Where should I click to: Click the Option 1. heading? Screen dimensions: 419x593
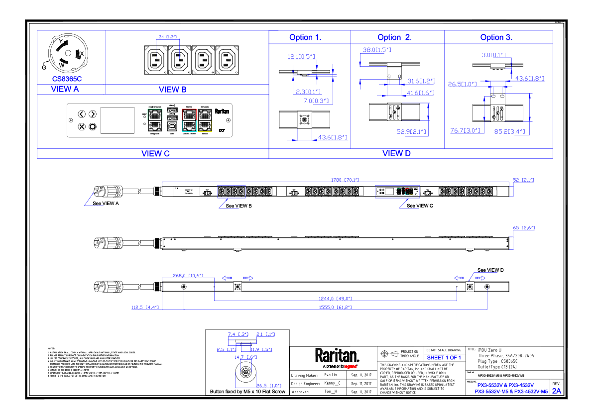(x=305, y=38)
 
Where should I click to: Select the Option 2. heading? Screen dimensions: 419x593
(x=394, y=38)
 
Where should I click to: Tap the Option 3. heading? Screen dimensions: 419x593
(x=496, y=38)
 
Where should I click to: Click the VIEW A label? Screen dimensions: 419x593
(x=65, y=90)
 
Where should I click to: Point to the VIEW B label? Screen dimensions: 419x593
(x=173, y=90)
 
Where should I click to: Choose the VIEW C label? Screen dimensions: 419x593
(x=156, y=154)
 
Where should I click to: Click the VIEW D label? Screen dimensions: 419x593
(x=396, y=154)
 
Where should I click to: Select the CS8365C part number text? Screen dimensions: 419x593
(x=67, y=79)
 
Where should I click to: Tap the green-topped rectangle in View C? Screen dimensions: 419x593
(x=155, y=120)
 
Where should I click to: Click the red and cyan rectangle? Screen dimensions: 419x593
(x=189, y=120)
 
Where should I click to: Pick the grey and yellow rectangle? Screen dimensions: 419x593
(x=205, y=120)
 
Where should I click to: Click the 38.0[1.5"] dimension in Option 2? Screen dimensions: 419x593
(x=377, y=50)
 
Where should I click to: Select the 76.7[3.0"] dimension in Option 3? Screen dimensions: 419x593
(x=465, y=131)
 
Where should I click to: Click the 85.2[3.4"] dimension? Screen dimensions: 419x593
(x=509, y=132)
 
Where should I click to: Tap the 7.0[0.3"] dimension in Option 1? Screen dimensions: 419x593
(x=316, y=101)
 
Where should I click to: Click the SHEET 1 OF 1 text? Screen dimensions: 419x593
(x=444, y=358)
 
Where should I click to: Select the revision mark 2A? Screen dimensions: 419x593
(x=556, y=391)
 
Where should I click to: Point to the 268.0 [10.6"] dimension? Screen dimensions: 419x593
(x=188, y=276)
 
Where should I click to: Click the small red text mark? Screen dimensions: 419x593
(x=350, y=367)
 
